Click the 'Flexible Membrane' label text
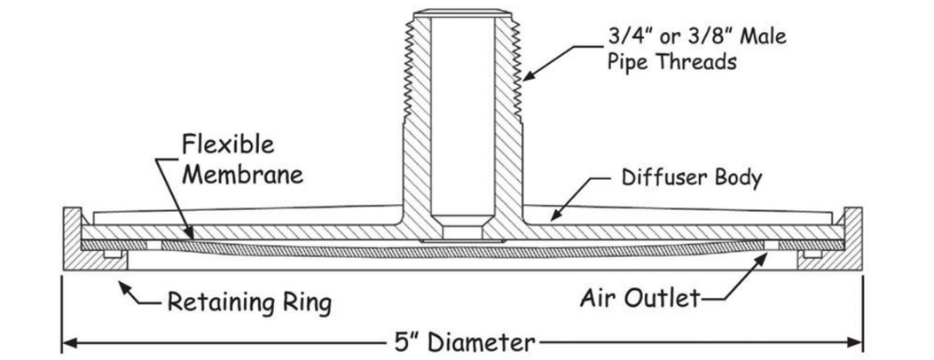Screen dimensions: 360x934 click(x=242, y=158)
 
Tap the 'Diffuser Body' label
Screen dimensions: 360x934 click(x=690, y=178)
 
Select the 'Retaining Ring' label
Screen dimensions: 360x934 click(x=250, y=302)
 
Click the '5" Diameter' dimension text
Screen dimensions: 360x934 click(x=465, y=341)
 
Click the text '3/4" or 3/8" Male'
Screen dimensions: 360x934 click(x=697, y=37)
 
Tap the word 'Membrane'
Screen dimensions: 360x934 click(x=242, y=173)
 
